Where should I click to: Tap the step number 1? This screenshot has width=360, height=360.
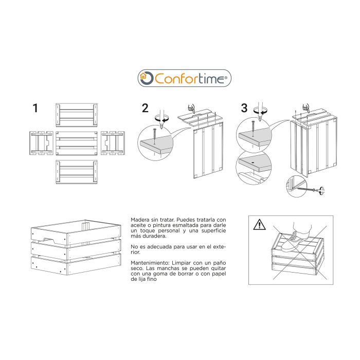(35, 108)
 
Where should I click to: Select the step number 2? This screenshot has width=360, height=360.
(145, 108)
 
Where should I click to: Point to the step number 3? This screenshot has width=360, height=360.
(244, 108)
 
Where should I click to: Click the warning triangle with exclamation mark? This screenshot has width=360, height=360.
(260, 224)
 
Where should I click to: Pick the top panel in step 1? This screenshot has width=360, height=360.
(76, 115)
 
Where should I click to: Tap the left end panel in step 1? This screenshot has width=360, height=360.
(41, 142)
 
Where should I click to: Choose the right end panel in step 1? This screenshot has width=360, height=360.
(112, 142)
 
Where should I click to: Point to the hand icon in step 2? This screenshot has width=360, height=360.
(192, 108)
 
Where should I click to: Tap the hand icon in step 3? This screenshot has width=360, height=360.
(305, 107)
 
